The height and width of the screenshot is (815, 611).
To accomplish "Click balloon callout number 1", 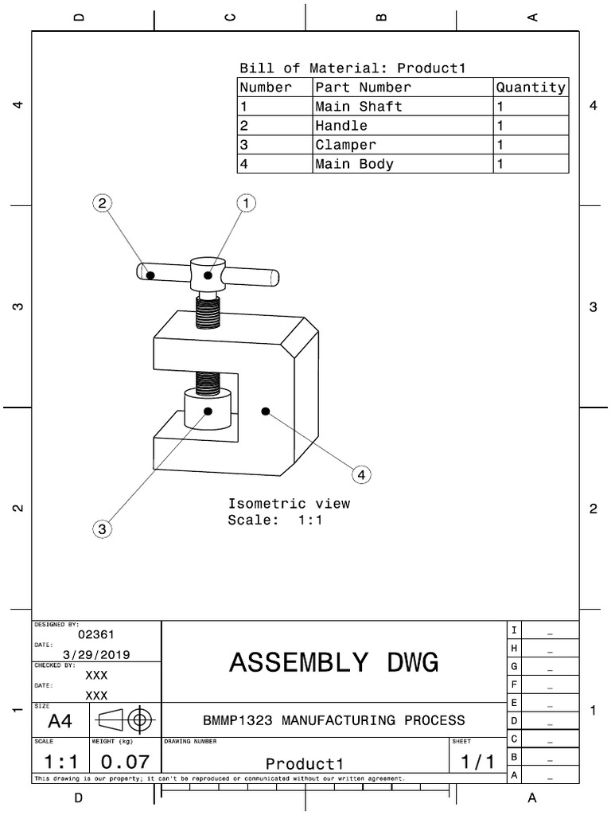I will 247,204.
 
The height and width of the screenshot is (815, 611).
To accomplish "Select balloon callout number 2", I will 102,204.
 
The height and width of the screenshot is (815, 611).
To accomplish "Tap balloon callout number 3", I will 102,528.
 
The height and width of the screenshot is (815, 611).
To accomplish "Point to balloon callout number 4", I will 361,474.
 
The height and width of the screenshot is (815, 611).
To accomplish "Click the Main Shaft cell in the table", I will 359,107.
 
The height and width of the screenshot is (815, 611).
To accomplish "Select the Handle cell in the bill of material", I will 341,126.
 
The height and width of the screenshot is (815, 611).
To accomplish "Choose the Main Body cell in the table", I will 354,164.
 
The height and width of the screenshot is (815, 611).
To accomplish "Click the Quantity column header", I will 531,88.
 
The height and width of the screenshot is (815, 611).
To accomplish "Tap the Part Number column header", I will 363,88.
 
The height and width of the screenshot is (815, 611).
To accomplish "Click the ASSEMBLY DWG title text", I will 333,662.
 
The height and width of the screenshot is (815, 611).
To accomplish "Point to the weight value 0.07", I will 120,762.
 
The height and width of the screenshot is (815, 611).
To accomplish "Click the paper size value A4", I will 60,721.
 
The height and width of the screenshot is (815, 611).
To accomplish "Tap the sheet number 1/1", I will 477,762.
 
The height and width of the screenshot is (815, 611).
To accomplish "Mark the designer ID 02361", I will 96,634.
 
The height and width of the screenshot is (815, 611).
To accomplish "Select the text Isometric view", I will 289,504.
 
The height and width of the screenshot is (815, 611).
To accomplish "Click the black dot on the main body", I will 266,411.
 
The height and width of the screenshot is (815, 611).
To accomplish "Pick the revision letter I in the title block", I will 515,630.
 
